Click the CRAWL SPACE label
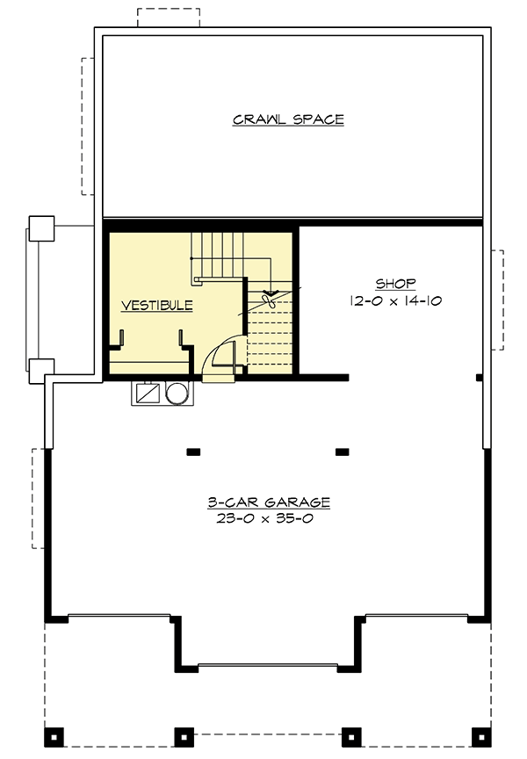288,119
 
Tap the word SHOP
395,284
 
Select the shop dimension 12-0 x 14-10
395,300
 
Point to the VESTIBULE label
156,306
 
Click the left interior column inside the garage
193,452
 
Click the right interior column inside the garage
342,452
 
